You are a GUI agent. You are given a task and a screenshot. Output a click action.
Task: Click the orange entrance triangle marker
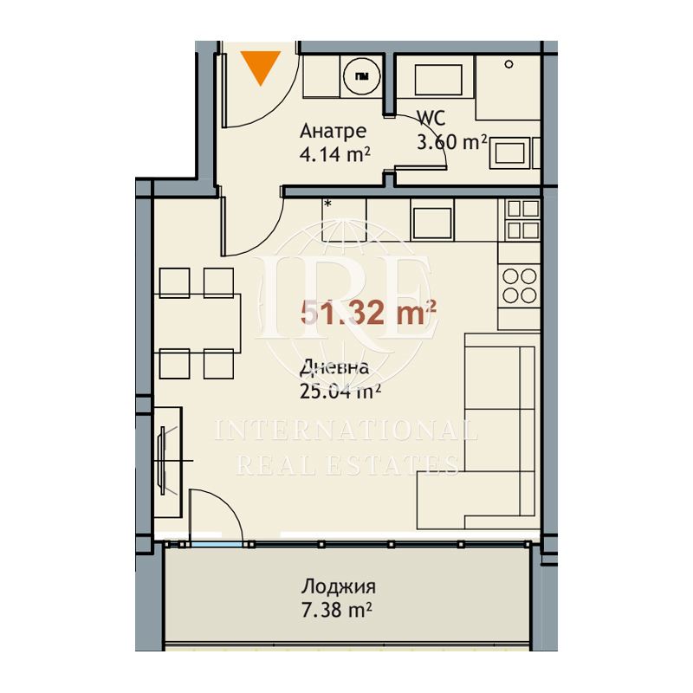(261, 66)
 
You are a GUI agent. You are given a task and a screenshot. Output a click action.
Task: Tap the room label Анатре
(333, 131)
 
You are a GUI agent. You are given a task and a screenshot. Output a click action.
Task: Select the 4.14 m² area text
(334, 154)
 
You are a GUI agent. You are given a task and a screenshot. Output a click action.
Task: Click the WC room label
(431, 118)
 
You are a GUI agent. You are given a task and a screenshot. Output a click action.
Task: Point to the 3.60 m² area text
(451, 142)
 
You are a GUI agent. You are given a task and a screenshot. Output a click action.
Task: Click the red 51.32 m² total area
(368, 313)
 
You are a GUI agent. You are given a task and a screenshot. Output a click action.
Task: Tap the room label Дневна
(334, 367)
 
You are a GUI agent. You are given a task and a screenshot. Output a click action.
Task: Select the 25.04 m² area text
(340, 391)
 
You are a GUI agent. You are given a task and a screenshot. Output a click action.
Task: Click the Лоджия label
(339, 587)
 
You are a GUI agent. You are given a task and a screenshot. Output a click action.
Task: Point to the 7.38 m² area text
(336, 611)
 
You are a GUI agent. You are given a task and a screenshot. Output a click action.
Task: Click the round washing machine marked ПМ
(361, 76)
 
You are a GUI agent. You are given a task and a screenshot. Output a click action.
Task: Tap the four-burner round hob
(519, 286)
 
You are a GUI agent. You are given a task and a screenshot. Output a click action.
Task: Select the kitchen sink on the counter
(431, 223)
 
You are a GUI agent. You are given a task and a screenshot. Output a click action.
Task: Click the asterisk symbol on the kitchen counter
(328, 204)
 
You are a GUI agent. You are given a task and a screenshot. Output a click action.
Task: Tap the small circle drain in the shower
(508, 64)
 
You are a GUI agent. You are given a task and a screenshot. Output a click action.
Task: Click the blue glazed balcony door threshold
(217, 545)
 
